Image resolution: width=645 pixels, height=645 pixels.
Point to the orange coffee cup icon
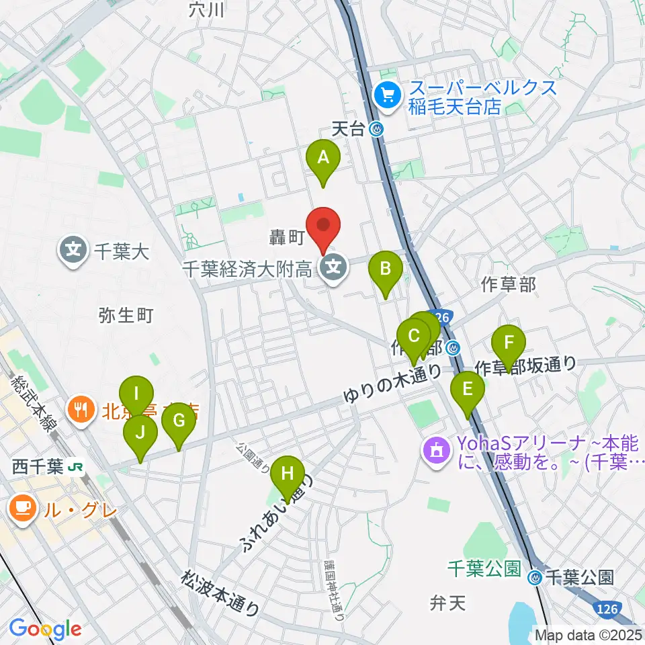tap(22, 508)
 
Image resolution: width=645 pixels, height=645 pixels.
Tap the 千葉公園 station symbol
tap(535, 576)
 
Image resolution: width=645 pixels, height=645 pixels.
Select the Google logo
tap(45, 629)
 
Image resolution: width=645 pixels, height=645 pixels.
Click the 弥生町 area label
tap(126, 314)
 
